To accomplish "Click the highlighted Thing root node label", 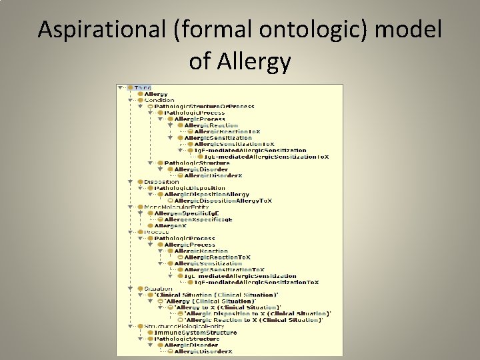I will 143,88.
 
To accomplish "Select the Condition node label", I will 159,101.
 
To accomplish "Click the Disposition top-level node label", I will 161,181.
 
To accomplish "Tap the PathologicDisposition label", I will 190,188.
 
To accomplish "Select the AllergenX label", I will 171,226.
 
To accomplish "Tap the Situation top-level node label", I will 158,289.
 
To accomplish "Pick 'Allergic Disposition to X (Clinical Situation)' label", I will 257,313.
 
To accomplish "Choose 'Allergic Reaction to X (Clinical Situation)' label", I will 254,320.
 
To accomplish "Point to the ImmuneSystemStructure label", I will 195,333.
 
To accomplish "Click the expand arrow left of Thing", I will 121,88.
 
